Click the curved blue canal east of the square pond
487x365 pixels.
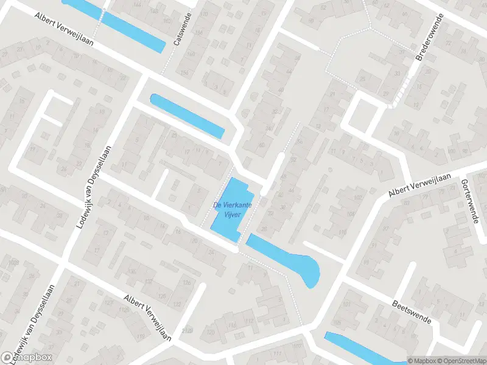[x=286, y=258]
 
